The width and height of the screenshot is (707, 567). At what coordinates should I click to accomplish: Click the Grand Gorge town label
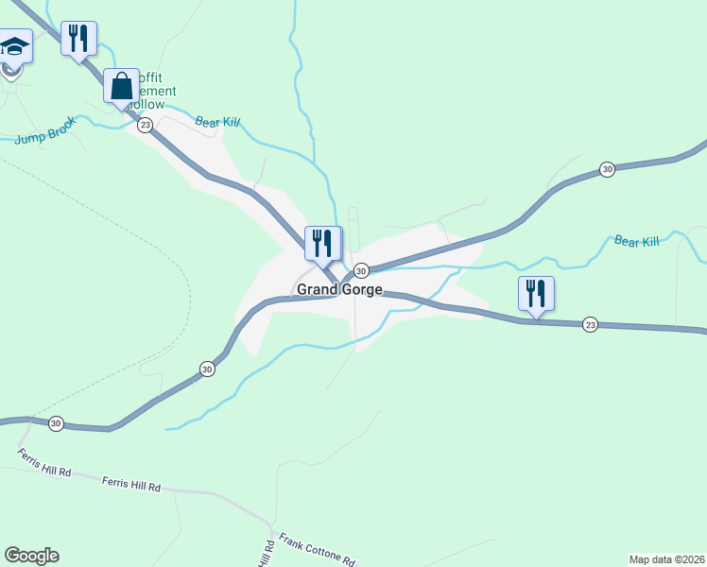(339, 290)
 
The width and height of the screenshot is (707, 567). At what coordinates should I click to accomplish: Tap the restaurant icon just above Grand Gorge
(322, 243)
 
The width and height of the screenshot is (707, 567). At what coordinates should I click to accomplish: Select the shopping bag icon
(122, 86)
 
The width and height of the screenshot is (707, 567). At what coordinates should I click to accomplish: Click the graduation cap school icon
(14, 46)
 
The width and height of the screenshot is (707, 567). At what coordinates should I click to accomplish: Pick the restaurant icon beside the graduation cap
(78, 39)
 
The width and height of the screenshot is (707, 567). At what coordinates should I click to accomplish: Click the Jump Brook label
(44, 136)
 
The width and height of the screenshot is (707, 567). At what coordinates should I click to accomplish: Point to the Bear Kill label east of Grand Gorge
(636, 242)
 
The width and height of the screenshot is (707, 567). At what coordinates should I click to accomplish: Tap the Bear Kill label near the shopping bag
(218, 123)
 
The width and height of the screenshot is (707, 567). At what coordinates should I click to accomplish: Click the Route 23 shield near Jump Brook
(145, 125)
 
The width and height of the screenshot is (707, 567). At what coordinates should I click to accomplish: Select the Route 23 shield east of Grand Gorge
(590, 324)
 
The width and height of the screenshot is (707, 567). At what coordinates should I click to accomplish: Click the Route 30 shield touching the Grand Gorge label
(361, 271)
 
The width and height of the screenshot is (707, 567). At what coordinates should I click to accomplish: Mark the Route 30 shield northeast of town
(607, 169)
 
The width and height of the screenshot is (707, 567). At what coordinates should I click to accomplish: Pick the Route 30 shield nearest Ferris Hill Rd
(56, 424)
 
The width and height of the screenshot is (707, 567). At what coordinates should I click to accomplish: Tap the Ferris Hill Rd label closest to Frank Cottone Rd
(131, 485)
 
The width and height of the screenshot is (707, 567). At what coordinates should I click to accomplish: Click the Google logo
(31, 556)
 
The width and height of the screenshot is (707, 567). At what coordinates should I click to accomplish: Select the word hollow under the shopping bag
(150, 105)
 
